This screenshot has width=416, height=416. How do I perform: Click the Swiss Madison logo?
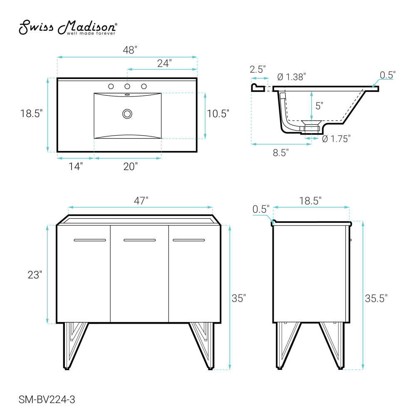click(x=68, y=27)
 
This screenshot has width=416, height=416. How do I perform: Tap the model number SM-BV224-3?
click(x=47, y=399)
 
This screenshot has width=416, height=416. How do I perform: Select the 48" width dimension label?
click(x=130, y=50)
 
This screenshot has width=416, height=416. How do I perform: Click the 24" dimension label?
click(x=164, y=63)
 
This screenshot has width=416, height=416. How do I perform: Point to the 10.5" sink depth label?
click(x=218, y=114)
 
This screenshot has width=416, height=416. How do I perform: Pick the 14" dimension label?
click(x=76, y=166)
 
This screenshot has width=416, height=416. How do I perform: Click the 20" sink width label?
click(x=131, y=166)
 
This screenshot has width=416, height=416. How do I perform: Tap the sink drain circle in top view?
click(x=127, y=114)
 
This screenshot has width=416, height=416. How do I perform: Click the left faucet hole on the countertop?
click(x=111, y=86)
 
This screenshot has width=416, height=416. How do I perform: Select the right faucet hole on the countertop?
click(x=144, y=86)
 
